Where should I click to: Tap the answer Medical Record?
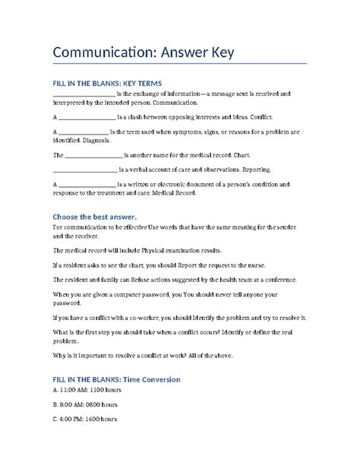click(x=170, y=193)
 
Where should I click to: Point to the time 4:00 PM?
click(x=72, y=420)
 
